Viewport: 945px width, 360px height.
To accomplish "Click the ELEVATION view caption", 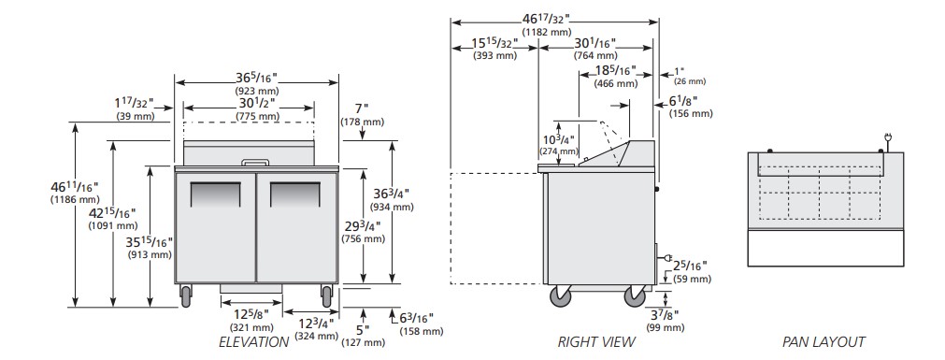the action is tap(253, 342).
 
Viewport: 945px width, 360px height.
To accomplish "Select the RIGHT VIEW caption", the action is tap(596, 342).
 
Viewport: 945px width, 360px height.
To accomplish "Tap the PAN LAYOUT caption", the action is tap(823, 342).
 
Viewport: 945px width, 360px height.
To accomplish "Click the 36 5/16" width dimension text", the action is tap(256, 79).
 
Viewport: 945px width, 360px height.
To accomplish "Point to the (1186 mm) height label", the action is tap(74, 199).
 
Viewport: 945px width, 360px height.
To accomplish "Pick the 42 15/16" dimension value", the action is tap(112, 213).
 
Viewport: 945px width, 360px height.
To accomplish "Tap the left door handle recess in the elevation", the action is tap(215, 194).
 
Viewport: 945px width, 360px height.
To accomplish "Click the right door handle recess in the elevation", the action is tap(295, 194).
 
